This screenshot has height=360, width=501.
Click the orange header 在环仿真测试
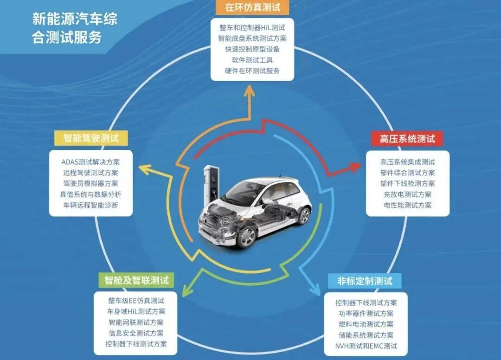pos(252,7)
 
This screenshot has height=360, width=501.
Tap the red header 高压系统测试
pos(407,139)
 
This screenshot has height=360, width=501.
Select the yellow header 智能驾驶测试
pos(91,138)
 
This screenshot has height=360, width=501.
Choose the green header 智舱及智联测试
pos(136,280)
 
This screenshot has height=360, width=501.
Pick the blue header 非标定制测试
pos(365,281)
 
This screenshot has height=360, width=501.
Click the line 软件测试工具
pos(252,60)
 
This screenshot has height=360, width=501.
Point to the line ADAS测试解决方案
pos(90,162)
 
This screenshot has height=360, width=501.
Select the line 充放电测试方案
pos(408,194)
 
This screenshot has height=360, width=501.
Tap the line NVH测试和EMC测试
pos(366,346)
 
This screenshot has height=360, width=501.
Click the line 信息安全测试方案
pos(136,333)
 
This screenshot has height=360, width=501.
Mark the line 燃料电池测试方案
pos(366,324)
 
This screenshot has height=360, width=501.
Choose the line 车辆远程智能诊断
pos(90,205)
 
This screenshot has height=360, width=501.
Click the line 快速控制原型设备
pos(252,49)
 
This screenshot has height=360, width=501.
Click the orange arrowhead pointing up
pos(249,90)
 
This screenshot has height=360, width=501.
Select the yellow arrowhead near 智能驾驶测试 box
pos(145,169)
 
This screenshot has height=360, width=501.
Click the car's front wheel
pos(247,237)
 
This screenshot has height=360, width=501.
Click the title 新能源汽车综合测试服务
pos(75,28)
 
